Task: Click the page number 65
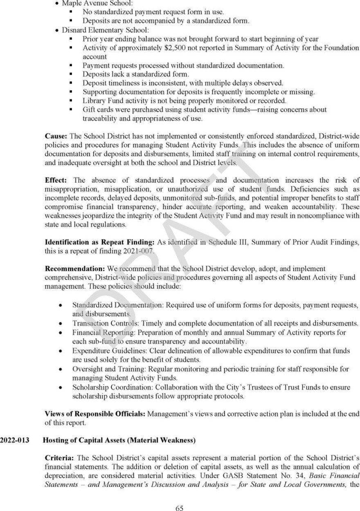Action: pyautogui.click(x=180, y=497)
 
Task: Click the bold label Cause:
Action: pyautogui.click(x=56, y=135)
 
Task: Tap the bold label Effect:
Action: pyautogui.click(x=57, y=180)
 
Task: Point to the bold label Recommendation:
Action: pyautogui.click(x=74, y=269)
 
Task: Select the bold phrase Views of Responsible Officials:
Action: pyautogui.click(x=95, y=414)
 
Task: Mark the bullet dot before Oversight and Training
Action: pyautogui.click(x=61, y=369)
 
